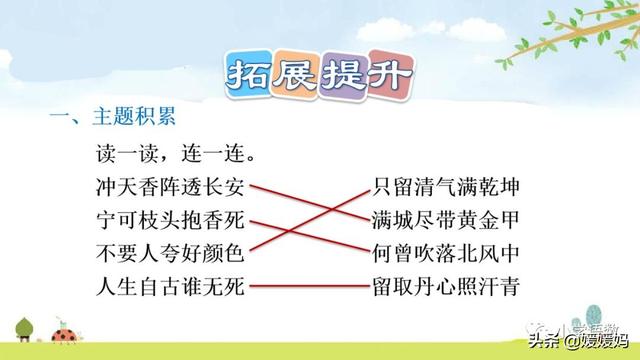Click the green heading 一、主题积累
coord(113,119)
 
